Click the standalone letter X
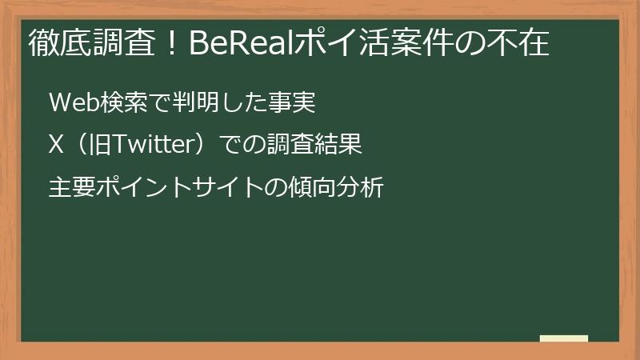pos(55,146)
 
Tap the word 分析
pos(362,188)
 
